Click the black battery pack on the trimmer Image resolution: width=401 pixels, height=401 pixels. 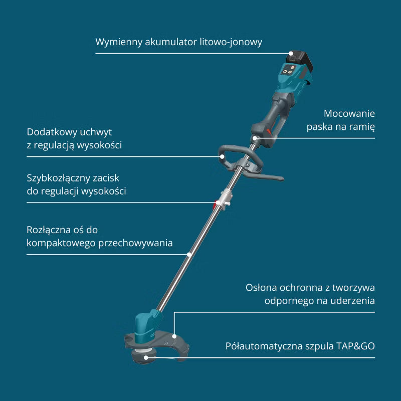pyautogui.click(x=300, y=61)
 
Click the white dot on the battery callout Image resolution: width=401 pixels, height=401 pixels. pyautogui.click(x=291, y=53)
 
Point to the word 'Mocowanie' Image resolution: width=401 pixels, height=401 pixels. pyautogui.click(x=349, y=113)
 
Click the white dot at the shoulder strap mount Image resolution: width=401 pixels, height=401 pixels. pyautogui.click(x=255, y=138)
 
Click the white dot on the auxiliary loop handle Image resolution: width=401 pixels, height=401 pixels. pyautogui.click(x=223, y=156)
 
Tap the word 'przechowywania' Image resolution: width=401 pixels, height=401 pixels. pyautogui.click(x=135, y=243)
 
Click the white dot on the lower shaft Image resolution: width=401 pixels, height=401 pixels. pyautogui.click(x=189, y=254)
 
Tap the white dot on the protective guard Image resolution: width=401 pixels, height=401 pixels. pyautogui.click(x=174, y=336)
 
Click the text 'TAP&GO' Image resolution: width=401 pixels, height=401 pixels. pyautogui.click(x=355, y=346)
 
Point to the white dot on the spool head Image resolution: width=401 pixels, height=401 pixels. pyautogui.click(x=146, y=357)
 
